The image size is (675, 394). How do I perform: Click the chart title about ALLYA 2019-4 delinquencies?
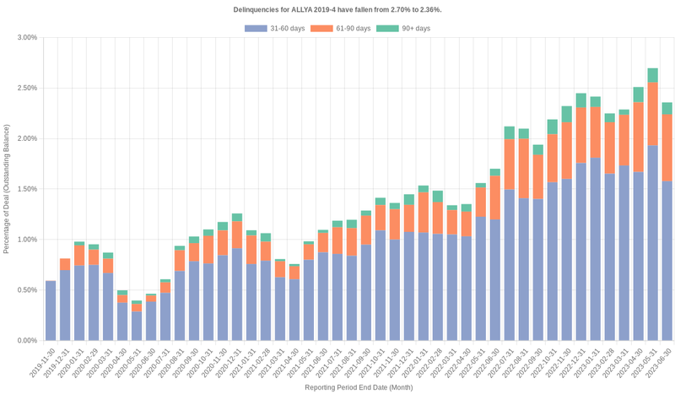[x=337, y=9]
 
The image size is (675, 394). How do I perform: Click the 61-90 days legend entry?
[x=340, y=29]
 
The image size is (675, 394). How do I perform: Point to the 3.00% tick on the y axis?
[x=25, y=37]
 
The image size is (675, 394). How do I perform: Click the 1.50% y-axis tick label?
[x=25, y=189]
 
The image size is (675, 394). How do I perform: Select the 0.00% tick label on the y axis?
[x=25, y=341]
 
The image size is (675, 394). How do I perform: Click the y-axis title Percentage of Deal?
[x=7, y=189]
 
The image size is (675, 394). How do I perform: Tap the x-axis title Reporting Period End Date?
[x=359, y=387]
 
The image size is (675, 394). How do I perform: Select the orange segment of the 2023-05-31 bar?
[x=652, y=114]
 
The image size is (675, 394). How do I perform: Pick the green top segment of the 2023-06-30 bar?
[x=667, y=108]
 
